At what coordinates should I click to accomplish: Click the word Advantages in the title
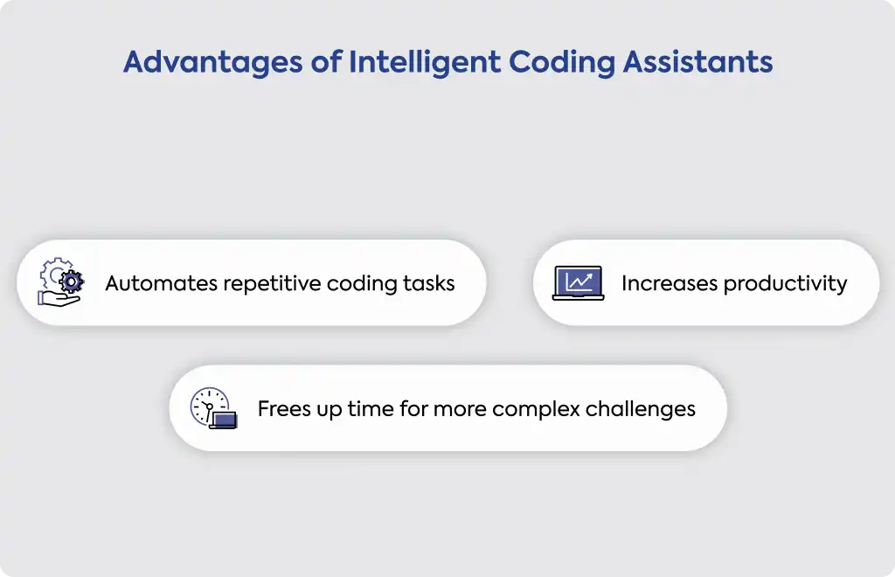(213, 63)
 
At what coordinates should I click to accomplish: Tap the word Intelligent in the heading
(425, 63)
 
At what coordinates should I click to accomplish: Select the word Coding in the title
(562, 63)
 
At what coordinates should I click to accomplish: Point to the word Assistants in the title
(697, 62)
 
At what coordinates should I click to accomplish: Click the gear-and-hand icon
(60, 282)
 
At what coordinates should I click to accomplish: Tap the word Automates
(161, 283)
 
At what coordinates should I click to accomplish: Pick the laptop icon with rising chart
(579, 282)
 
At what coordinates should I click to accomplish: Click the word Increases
(669, 283)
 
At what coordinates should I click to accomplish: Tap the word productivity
(786, 284)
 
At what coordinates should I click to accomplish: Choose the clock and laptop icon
(213, 408)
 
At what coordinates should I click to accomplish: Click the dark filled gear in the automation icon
(72, 282)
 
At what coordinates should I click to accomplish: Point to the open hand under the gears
(59, 298)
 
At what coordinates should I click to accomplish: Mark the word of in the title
(326, 62)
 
